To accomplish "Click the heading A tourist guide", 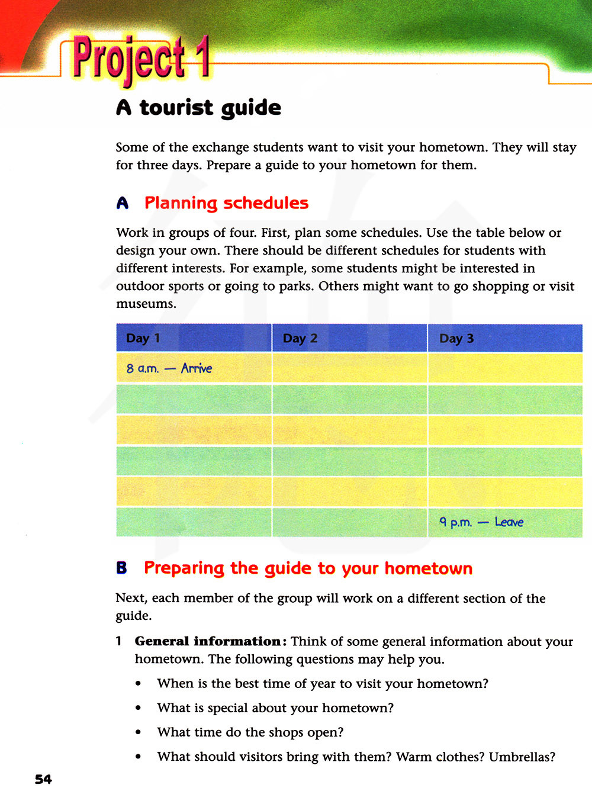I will pyautogui.click(x=198, y=108).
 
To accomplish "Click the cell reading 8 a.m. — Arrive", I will pyautogui.click(x=169, y=368).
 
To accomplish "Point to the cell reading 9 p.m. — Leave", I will pyautogui.click(x=481, y=522).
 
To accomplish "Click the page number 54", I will pyautogui.click(x=43, y=779).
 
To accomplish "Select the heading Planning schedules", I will pyautogui.click(x=226, y=203).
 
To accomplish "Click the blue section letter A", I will pyautogui.click(x=123, y=204).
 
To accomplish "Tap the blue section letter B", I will pyautogui.click(x=122, y=568).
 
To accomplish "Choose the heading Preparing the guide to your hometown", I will pyautogui.click(x=308, y=568).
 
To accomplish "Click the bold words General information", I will pyautogui.click(x=207, y=641).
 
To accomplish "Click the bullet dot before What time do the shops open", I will pyautogui.click(x=138, y=733).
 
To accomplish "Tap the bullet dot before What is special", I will pyautogui.click(x=138, y=709).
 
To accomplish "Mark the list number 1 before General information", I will pyautogui.click(x=119, y=641).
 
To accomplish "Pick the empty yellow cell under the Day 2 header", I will pyautogui.click(x=349, y=368).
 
